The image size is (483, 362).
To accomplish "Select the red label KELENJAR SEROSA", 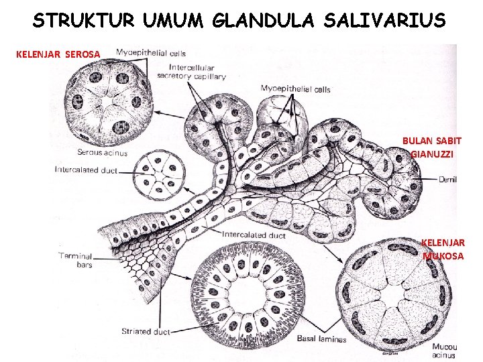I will click(58, 54).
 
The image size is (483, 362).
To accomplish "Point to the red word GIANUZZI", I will click(432, 154).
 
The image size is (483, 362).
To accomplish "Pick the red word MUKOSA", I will click(443, 255).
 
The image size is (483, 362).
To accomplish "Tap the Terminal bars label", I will click(75, 260).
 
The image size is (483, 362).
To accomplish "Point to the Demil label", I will click(448, 179).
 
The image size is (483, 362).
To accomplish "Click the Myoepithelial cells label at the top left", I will click(151, 53).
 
